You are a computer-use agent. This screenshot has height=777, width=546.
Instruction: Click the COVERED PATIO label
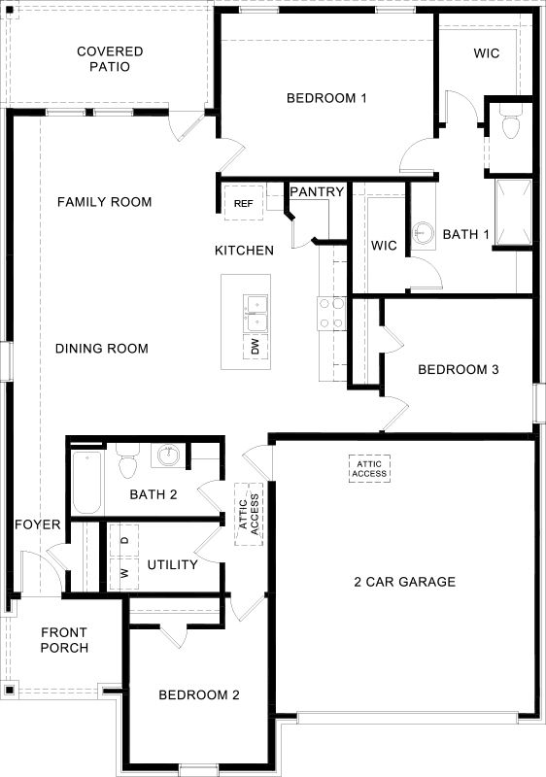coord(110,59)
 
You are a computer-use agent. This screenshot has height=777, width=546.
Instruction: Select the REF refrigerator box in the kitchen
coord(244,203)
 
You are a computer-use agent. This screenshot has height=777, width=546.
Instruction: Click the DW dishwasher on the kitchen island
coord(255,347)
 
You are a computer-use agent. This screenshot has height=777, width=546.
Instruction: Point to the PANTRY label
coord(317,192)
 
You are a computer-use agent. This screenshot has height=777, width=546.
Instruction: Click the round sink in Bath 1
coord(423,233)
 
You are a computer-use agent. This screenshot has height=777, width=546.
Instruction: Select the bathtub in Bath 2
coord(86,483)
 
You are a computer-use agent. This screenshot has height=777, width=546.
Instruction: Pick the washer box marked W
coord(124,572)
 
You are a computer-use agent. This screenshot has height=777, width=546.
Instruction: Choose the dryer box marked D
coord(124,539)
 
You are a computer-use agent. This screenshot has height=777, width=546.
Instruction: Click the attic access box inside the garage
coord(369,468)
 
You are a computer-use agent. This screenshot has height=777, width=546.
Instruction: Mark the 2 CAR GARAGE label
coord(404,582)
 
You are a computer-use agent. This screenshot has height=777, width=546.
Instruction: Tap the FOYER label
coord(38,525)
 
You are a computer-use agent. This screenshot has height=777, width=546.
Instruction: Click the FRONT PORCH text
coord(65,640)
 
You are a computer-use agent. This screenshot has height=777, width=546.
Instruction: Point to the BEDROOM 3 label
coord(459,370)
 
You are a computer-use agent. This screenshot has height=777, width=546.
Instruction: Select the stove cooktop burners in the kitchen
coord(331,314)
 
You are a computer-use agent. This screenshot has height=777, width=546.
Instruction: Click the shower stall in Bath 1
coord(513,212)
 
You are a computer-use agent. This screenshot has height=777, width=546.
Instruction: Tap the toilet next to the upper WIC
coord(509,124)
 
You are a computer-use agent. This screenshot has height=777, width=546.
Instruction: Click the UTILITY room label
coord(173,564)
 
